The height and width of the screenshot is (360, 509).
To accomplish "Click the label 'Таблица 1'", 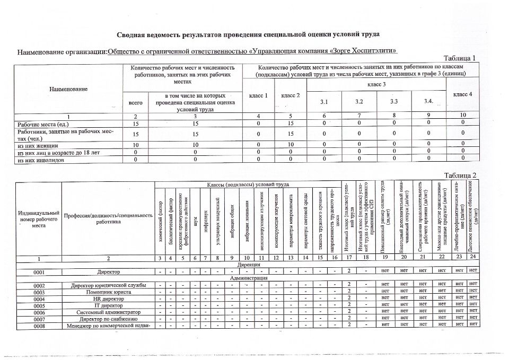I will (x=460, y=58).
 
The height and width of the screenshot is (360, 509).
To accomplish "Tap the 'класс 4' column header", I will (x=463, y=94).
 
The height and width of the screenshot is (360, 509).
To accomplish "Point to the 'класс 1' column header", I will (x=258, y=95).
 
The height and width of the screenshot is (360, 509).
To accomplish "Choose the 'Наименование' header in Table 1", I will (x=68, y=89).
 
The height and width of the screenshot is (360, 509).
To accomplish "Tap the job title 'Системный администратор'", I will (x=108, y=312).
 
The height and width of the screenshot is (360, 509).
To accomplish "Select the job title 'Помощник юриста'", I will (x=108, y=292).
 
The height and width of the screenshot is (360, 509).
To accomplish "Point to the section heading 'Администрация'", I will (x=249, y=278).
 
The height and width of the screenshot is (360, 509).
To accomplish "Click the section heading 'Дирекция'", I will (x=249, y=264).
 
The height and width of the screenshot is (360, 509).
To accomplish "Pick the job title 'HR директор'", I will (x=108, y=299).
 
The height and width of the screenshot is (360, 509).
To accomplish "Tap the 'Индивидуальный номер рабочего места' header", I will (x=39, y=219).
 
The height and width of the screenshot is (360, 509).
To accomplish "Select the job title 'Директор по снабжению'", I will (x=108, y=319).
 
